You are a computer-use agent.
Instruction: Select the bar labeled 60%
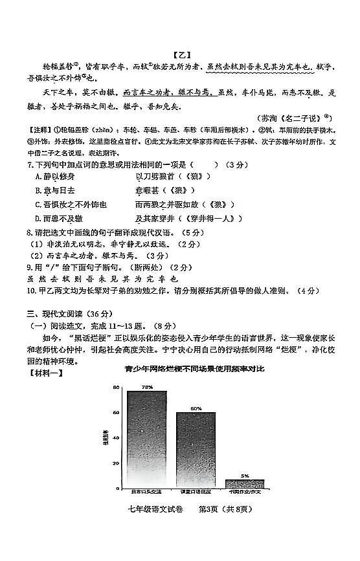196,449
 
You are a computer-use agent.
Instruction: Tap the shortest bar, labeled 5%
245,483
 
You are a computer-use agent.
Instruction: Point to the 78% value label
147,386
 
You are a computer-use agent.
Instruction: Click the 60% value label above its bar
196,408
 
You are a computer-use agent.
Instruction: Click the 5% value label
245,476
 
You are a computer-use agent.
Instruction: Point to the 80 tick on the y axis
116,388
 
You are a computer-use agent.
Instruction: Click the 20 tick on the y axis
116,463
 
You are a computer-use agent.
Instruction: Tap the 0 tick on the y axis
118,489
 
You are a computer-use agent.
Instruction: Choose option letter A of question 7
38,177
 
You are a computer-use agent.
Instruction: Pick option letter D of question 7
38,219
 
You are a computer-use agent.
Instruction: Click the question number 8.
29,232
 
